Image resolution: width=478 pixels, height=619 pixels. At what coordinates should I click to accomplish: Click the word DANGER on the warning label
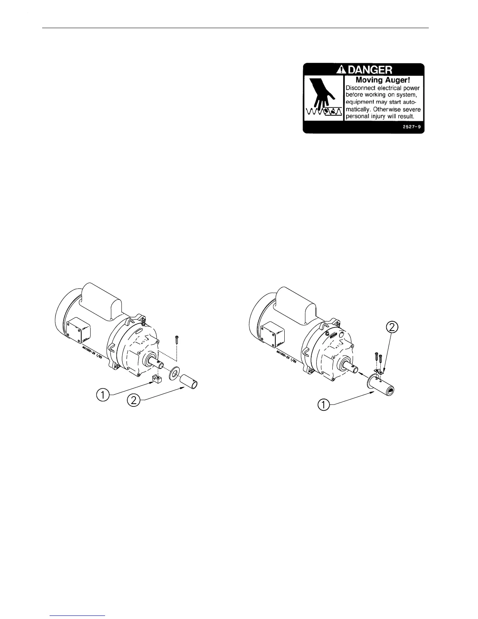click(x=369, y=70)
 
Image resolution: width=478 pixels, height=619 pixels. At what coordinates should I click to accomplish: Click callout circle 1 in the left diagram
click(x=103, y=395)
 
